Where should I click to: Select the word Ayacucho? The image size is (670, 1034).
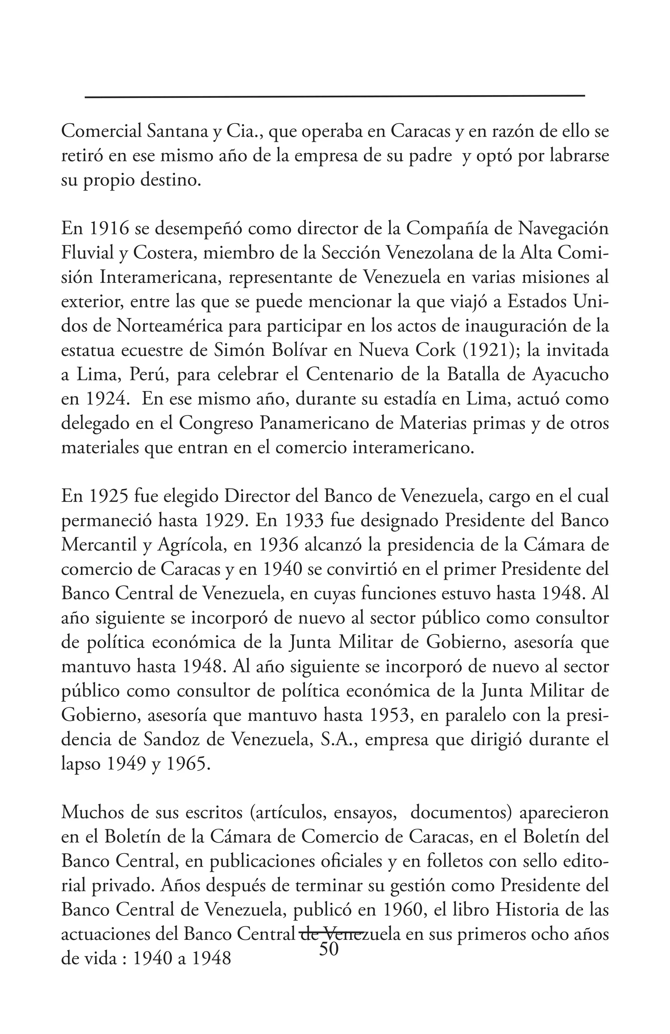(x=570, y=375)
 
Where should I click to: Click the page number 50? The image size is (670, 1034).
(x=329, y=948)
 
